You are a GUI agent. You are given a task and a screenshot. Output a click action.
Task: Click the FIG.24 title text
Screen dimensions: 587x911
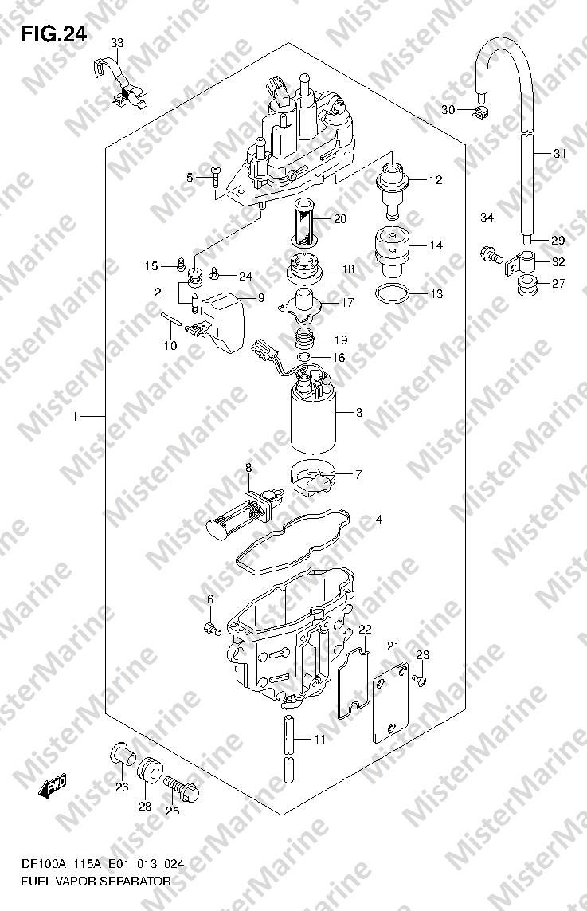[54, 35]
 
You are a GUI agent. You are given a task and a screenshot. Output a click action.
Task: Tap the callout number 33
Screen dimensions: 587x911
[117, 43]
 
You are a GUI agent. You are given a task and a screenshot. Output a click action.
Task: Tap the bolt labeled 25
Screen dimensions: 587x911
[181, 787]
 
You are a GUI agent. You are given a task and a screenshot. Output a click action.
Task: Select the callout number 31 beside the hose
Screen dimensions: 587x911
[560, 154]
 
